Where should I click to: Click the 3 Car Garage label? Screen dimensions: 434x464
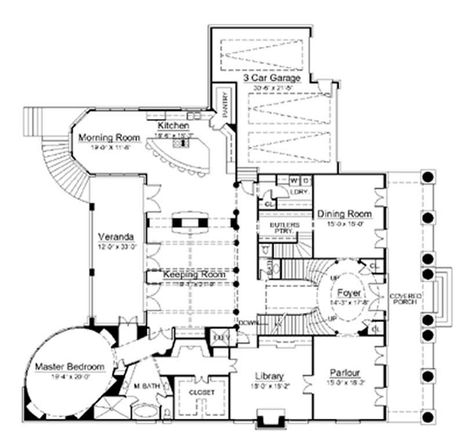[x=271, y=78]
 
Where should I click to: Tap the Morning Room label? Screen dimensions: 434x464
[x=109, y=138]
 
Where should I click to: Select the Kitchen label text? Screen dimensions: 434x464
[x=173, y=126]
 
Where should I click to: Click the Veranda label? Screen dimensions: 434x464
[x=117, y=237]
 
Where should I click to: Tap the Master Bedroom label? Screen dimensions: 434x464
[x=68, y=367]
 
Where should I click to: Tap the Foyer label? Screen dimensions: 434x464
[x=348, y=293]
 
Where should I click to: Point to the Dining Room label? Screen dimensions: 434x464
[x=345, y=214]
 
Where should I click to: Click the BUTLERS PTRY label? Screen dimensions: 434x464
[x=285, y=227]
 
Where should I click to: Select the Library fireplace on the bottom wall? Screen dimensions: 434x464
[x=271, y=417]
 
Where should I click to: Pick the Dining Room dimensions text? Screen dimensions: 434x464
[x=345, y=224]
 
